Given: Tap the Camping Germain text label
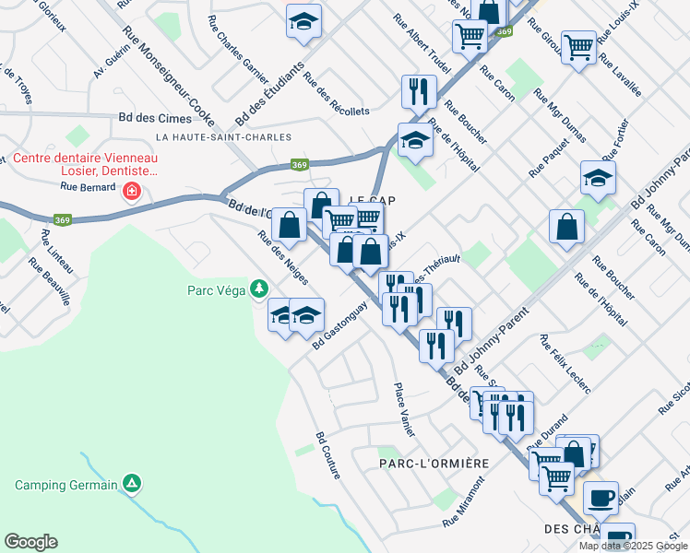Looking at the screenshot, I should tap(66, 485).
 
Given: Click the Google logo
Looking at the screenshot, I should tap(30, 542).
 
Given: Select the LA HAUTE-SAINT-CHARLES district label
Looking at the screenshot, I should tap(224, 137).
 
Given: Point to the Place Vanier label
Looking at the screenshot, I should tap(403, 410).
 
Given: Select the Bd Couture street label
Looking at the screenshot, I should tap(327, 455).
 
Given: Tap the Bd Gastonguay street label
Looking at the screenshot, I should tap(340, 324).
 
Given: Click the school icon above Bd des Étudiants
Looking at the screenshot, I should tap(302, 22).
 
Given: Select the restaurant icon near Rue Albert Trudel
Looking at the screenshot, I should tap(419, 92).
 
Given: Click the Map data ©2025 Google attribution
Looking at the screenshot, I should tap(633, 546).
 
